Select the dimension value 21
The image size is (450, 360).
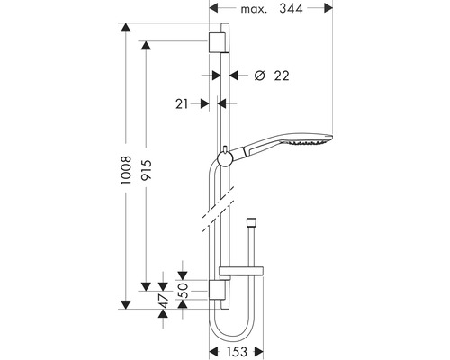point(184,104)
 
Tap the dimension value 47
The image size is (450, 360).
point(163,298)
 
